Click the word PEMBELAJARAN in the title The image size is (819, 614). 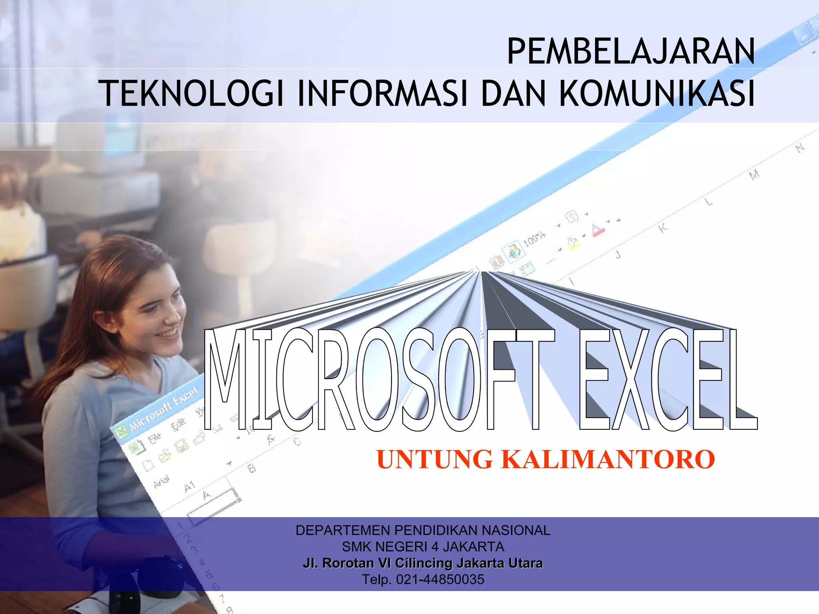point(631,52)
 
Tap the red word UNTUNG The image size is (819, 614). point(434,459)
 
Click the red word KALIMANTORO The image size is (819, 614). point(608,459)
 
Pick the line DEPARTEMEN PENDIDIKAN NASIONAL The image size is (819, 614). point(423,530)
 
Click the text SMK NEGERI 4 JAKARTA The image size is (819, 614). point(423,546)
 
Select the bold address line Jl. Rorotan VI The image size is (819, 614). point(423,563)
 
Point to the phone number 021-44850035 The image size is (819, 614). point(440,579)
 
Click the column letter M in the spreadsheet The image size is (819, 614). point(754,175)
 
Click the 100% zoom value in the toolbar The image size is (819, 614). point(534,239)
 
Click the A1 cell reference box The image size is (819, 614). point(190,486)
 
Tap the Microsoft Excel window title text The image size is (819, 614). point(164,409)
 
